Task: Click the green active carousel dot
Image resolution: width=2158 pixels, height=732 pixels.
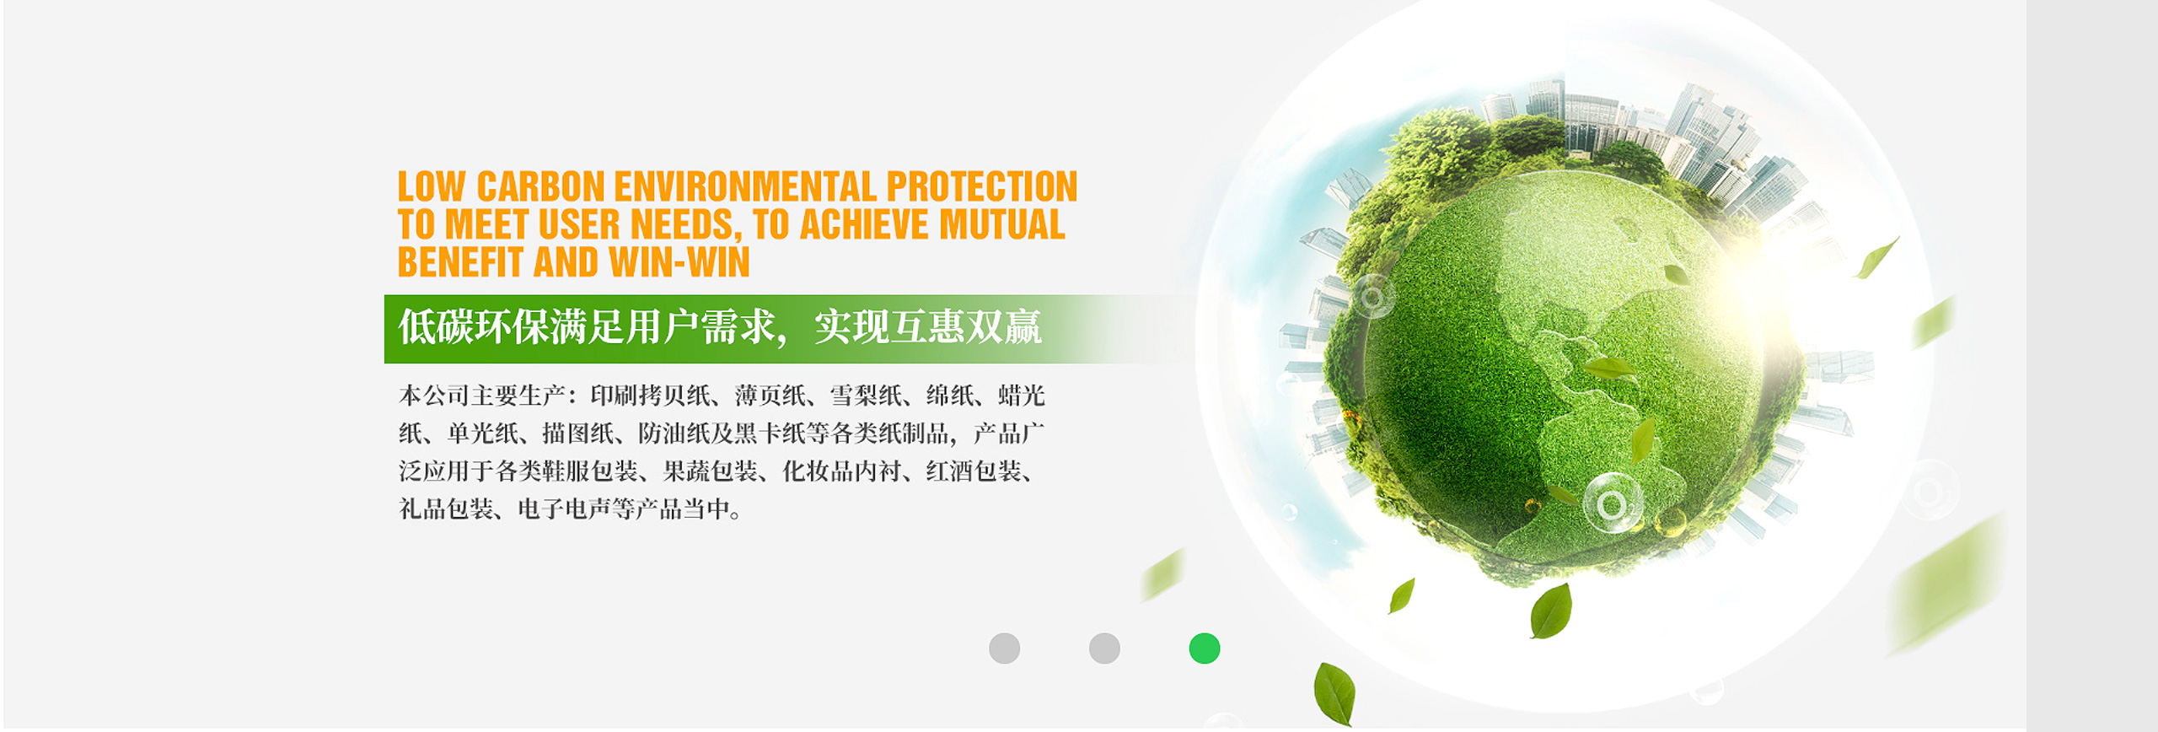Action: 1204,649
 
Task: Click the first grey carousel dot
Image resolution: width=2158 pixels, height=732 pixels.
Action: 1004,649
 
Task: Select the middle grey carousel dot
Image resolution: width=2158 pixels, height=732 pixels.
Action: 1104,649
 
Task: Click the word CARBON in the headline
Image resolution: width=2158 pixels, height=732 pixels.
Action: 540,186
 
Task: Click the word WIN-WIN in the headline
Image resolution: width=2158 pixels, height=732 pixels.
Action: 679,262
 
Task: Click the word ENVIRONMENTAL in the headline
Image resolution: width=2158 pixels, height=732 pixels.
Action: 745,186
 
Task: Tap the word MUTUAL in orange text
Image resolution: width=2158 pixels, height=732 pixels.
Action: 1001,224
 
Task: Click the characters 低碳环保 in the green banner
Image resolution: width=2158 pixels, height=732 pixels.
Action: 473,327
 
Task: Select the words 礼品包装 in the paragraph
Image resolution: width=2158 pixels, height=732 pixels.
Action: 446,509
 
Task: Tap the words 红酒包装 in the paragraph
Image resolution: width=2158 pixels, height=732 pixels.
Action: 974,471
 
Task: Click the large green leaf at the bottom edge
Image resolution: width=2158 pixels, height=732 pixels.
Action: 1334,694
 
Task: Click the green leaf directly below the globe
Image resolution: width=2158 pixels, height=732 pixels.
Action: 1551,611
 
